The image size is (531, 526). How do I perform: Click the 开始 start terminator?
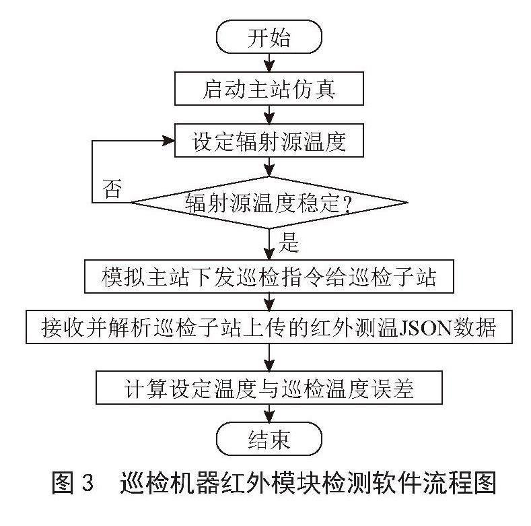click(269, 37)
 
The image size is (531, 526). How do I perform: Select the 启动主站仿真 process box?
click(269, 88)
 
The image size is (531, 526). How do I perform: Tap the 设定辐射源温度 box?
click(269, 140)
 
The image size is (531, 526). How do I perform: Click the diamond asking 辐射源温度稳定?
click(269, 203)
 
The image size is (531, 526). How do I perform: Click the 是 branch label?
click(289, 242)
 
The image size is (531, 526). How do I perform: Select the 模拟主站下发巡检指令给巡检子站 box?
click(269, 277)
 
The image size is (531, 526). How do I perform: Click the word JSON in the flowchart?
click(426, 328)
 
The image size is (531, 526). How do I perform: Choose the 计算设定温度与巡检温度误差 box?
click(269, 387)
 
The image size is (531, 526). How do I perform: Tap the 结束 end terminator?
click(269, 438)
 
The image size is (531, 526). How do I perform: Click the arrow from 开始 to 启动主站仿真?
click(269, 63)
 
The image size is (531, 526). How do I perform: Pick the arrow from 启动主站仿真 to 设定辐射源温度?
click(269, 114)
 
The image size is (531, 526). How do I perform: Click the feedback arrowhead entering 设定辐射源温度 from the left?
click(168, 141)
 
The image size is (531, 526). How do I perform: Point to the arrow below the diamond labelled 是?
click(269, 244)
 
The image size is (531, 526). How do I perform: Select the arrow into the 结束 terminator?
click(269, 413)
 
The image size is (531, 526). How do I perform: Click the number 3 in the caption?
click(87, 483)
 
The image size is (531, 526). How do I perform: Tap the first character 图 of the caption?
click(63, 483)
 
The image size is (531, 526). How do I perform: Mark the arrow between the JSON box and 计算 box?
click(269, 358)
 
